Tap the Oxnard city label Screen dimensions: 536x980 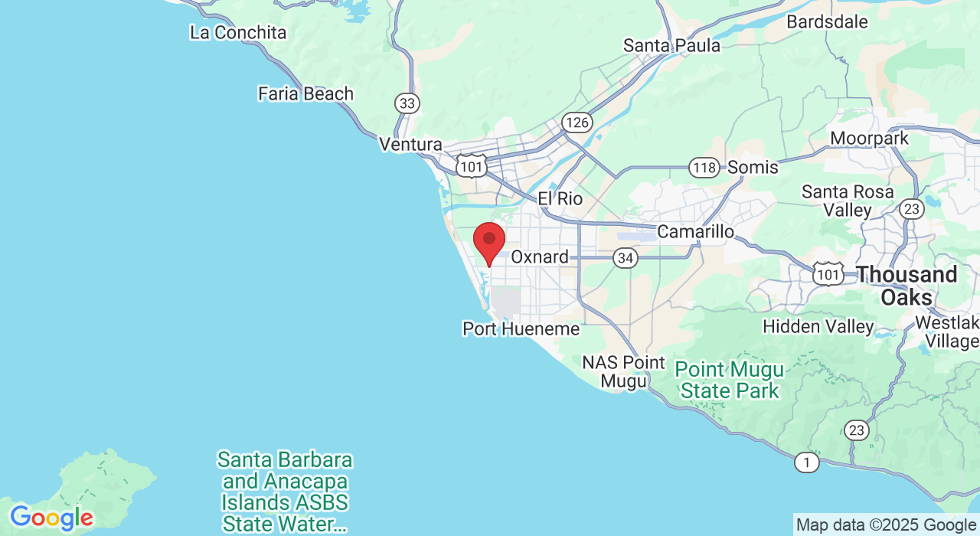click(540, 257)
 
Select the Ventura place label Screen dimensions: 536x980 click(411, 145)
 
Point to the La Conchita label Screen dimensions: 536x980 click(238, 33)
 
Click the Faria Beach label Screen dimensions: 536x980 click(305, 94)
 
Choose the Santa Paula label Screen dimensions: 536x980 click(671, 46)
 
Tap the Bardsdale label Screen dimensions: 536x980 click(827, 21)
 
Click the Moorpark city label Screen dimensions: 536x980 click(870, 139)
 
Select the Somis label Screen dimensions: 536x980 click(753, 167)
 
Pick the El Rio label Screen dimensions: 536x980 click(560, 199)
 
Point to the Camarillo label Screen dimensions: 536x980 click(696, 231)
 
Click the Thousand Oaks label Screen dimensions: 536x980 click(906, 286)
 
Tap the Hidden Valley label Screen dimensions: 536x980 click(818, 327)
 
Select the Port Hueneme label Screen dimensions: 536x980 click(521, 329)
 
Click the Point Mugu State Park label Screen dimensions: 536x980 click(729, 381)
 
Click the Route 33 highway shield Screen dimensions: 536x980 click(407, 103)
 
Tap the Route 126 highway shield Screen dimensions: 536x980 click(575, 122)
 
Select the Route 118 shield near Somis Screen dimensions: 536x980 click(704, 167)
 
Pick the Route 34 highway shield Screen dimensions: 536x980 click(626, 258)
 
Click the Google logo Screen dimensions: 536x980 click(51, 518)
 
